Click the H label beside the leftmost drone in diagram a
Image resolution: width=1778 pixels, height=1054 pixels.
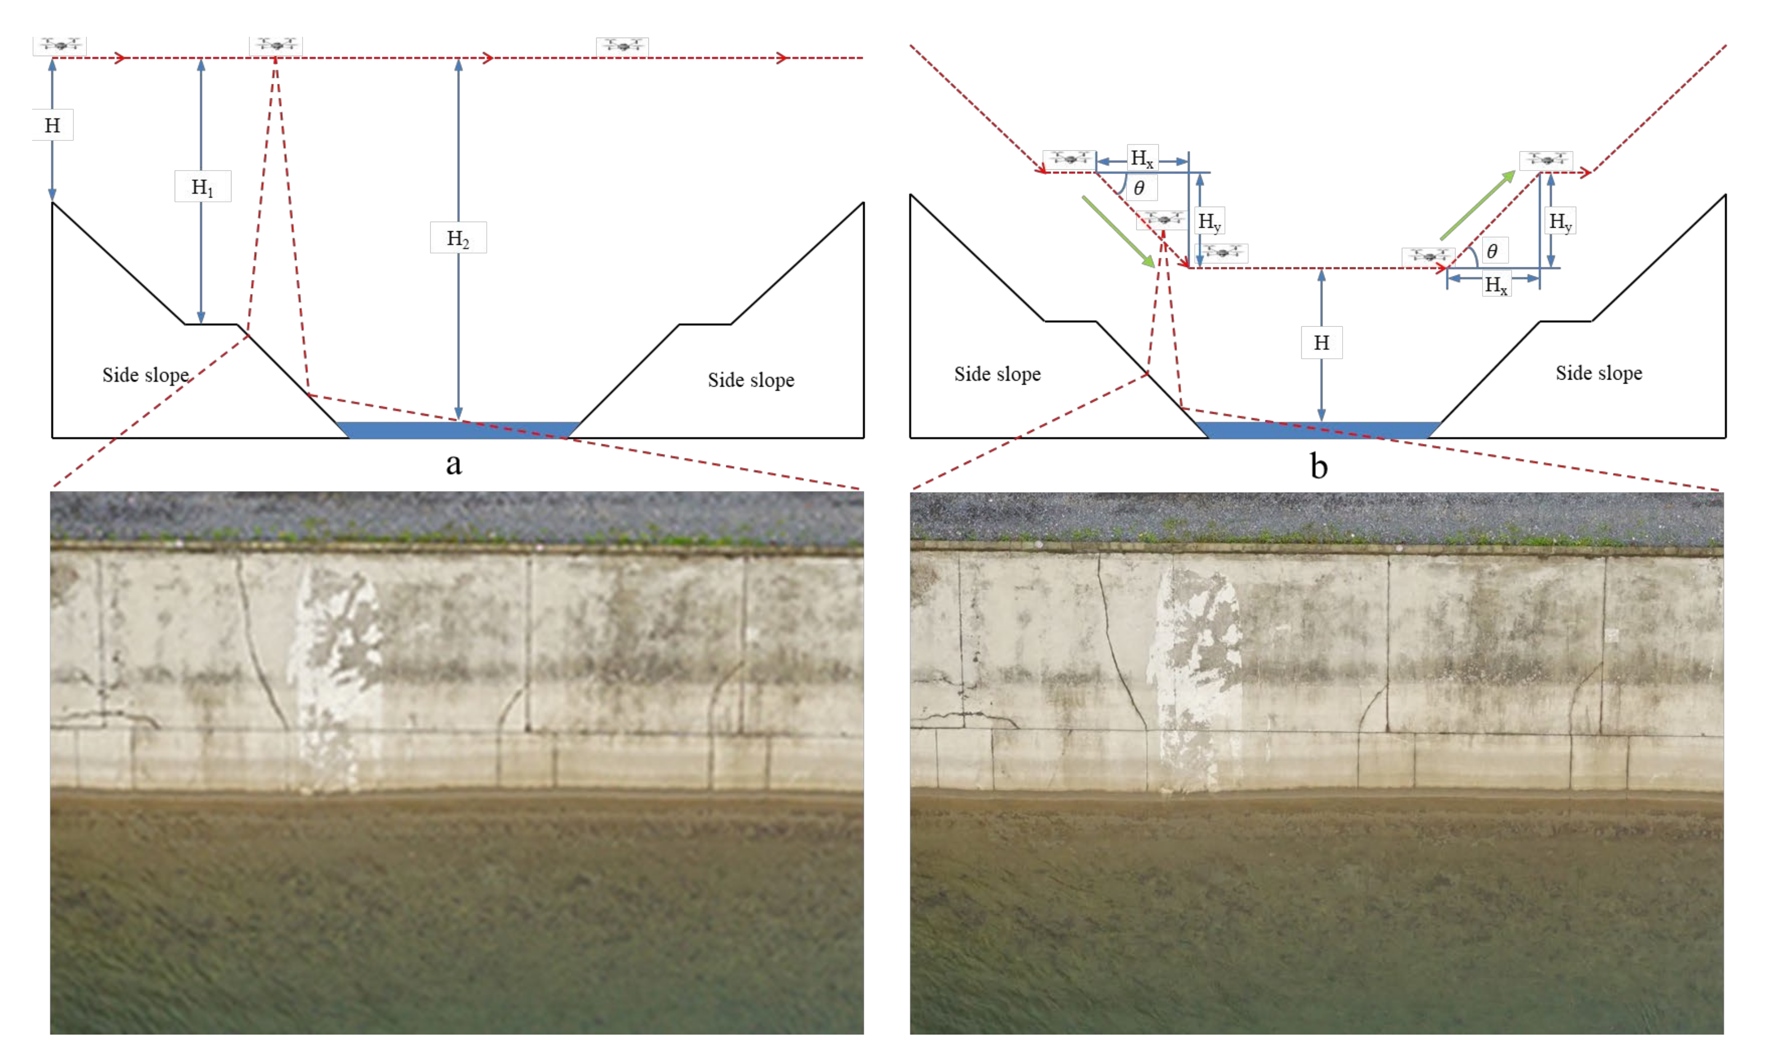coord(52,126)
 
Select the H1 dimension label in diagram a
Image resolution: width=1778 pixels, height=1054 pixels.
coord(202,187)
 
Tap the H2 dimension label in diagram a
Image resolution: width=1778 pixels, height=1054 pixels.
coord(458,238)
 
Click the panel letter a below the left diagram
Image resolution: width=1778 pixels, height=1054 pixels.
coord(453,464)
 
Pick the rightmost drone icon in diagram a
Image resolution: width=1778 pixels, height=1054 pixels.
coord(622,46)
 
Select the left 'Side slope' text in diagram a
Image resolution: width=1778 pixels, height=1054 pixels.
coord(146,375)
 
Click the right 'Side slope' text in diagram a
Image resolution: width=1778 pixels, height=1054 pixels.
coord(751,380)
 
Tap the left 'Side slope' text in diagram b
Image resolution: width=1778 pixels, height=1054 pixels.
coord(997,374)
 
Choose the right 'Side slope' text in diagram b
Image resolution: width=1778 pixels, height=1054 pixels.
coord(1599,373)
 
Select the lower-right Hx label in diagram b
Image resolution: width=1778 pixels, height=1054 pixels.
coord(1495,285)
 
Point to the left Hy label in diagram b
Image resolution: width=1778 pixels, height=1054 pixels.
coord(1209,222)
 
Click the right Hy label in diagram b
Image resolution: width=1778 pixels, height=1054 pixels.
coord(1560,222)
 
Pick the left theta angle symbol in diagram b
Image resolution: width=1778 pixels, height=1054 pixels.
coord(1139,188)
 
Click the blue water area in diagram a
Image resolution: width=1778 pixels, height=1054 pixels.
coord(458,430)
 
